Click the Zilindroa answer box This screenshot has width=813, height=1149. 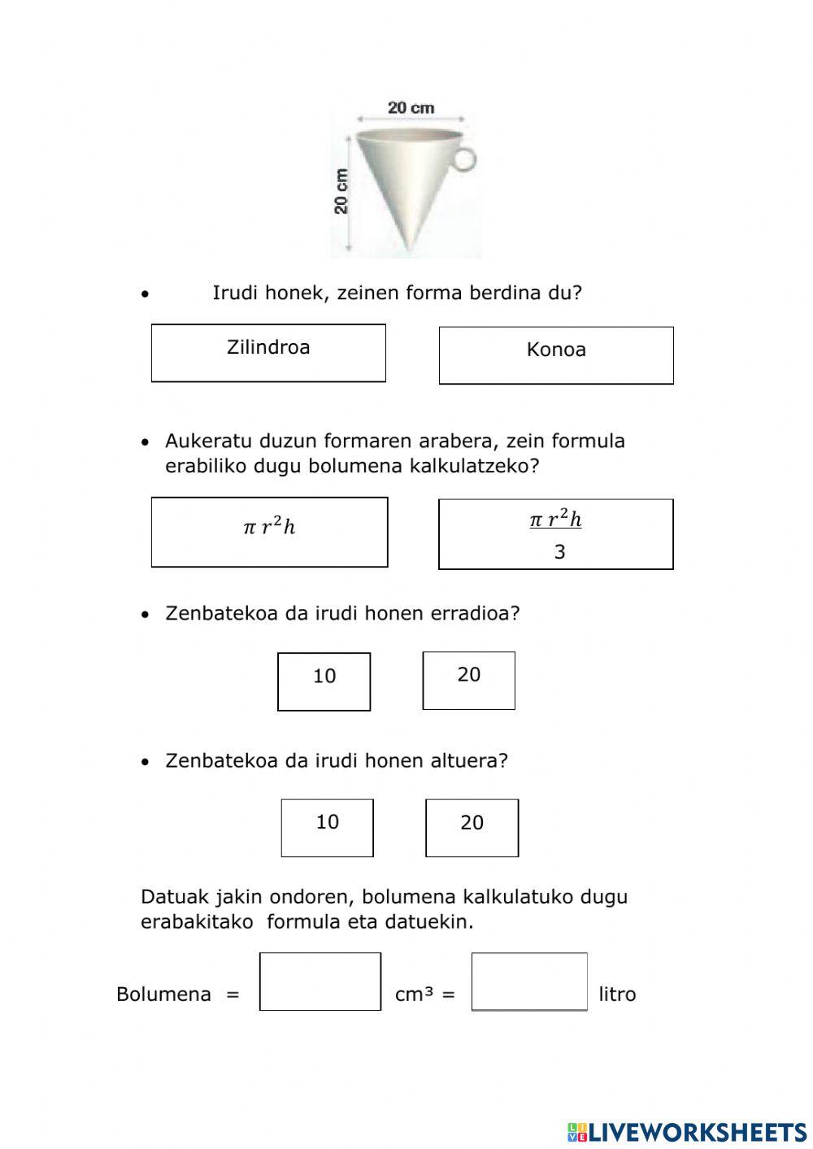[268, 353]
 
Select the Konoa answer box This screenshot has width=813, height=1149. [556, 355]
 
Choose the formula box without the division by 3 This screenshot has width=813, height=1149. [269, 532]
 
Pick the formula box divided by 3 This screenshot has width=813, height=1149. [556, 534]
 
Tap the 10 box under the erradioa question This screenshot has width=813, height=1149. [324, 681]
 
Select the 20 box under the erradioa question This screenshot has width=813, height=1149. [468, 681]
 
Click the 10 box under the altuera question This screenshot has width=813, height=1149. [327, 828]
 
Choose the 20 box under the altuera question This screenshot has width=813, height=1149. [472, 828]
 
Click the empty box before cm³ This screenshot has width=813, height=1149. [320, 981]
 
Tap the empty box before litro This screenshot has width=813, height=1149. [529, 981]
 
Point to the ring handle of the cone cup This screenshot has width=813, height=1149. [463, 158]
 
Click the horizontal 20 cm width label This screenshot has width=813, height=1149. [411, 107]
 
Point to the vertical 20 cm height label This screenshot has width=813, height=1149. [341, 192]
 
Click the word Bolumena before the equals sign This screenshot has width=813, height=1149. [163, 994]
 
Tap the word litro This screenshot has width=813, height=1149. [617, 994]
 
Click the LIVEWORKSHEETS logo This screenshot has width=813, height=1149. [686, 1131]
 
